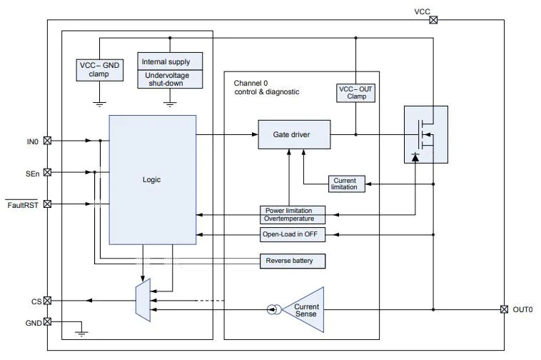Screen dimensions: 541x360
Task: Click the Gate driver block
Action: tap(294, 134)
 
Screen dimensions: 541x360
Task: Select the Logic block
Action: tap(153, 180)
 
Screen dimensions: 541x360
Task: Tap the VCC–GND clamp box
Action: tap(100, 70)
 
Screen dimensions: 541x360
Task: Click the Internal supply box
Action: tap(170, 61)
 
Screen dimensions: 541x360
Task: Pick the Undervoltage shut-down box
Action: tap(170, 79)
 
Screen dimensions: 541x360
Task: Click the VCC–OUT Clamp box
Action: tap(355, 93)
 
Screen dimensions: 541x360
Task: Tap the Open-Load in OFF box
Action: tap(293, 234)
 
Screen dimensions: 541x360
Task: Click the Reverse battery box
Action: tap(293, 261)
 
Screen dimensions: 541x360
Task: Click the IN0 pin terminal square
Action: tap(47, 141)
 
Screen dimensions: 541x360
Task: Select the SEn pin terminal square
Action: tap(47, 172)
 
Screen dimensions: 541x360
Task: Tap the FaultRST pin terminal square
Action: tap(47, 204)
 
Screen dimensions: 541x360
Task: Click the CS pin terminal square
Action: tap(47, 301)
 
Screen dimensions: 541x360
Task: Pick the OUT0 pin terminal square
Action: tap(504, 309)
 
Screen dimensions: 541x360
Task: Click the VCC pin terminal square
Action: tap(433, 20)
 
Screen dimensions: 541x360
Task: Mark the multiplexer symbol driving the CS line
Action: tap(143, 300)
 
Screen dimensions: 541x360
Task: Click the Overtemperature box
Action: tap(293, 219)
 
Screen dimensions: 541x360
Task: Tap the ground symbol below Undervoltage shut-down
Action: tap(170, 104)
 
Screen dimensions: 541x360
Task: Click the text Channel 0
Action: tap(251, 83)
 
